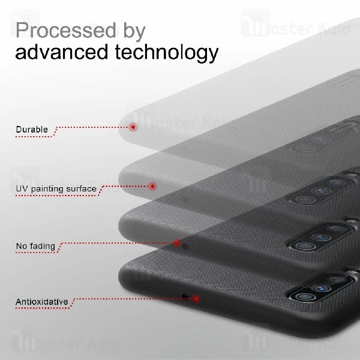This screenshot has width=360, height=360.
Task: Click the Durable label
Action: click(x=32, y=130)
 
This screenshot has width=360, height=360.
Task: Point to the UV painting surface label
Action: click(x=56, y=189)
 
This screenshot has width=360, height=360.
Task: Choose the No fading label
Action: click(x=36, y=246)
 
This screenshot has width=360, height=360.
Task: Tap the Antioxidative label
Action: click(x=42, y=301)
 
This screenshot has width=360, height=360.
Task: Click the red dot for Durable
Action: click(x=133, y=127)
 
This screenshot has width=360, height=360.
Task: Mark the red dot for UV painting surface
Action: click(x=152, y=186)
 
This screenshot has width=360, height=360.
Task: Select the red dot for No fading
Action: click(x=178, y=243)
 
